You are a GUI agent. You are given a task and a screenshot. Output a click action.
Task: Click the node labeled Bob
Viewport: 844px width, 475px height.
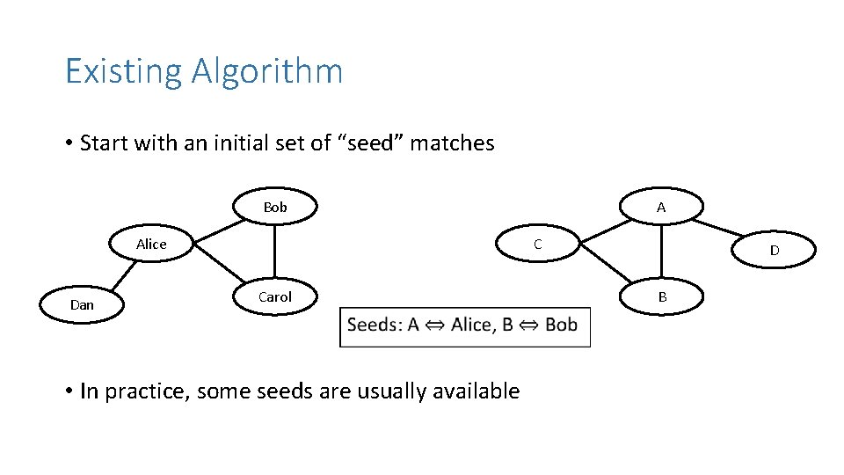click(x=275, y=208)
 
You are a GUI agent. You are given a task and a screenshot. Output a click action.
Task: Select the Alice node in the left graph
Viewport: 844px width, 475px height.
click(x=151, y=245)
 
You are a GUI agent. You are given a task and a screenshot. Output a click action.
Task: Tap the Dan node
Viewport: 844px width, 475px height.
click(x=82, y=305)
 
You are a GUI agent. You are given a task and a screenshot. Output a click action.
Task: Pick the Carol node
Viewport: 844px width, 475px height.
click(x=275, y=297)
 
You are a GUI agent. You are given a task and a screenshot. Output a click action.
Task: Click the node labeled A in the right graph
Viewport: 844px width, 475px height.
click(x=661, y=208)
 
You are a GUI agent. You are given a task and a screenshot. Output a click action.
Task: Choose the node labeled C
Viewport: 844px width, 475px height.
click(x=538, y=245)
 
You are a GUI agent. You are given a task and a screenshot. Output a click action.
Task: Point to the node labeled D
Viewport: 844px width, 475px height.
click(x=774, y=251)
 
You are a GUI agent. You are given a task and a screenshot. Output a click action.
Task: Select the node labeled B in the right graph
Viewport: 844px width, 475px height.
click(x=662, y=297)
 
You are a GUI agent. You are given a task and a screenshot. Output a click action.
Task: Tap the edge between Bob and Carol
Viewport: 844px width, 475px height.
click(x=275, y=252)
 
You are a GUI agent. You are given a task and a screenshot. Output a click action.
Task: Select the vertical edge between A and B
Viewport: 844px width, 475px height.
click(x=662, y=252)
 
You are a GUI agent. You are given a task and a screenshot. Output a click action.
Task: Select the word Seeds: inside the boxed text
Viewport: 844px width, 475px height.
click(x=375, y=325)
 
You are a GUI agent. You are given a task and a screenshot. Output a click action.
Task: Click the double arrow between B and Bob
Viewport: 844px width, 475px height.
click(x=529, y=325)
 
